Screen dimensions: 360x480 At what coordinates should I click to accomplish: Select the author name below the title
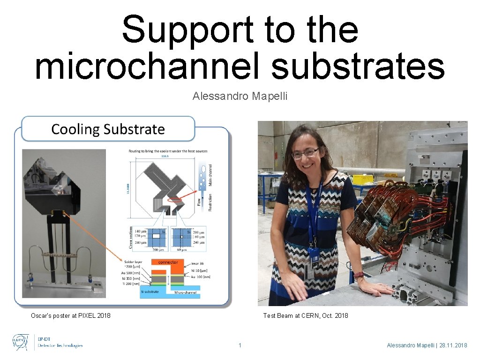coord(240,97)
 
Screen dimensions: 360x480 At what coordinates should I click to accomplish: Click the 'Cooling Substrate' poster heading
coord(108,129)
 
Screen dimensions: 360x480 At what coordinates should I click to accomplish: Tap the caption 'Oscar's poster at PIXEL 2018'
coord(71,315)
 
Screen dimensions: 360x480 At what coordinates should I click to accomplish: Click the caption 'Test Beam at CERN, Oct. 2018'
coord(306,315)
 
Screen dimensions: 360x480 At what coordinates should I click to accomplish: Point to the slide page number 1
coord(240,345)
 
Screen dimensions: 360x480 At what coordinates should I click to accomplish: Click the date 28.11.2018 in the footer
coord(451,345)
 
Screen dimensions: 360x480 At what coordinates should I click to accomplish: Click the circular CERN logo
coord(20,342)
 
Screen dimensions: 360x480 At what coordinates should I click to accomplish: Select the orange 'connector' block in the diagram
coord(168,262)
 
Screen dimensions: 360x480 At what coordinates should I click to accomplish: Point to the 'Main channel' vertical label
coord(210,175)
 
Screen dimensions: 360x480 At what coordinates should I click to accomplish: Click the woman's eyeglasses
coord(305,153)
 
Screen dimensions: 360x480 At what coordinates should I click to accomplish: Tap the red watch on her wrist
coord(359,274)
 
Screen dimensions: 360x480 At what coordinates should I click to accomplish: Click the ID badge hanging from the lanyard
coord(313,260)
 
